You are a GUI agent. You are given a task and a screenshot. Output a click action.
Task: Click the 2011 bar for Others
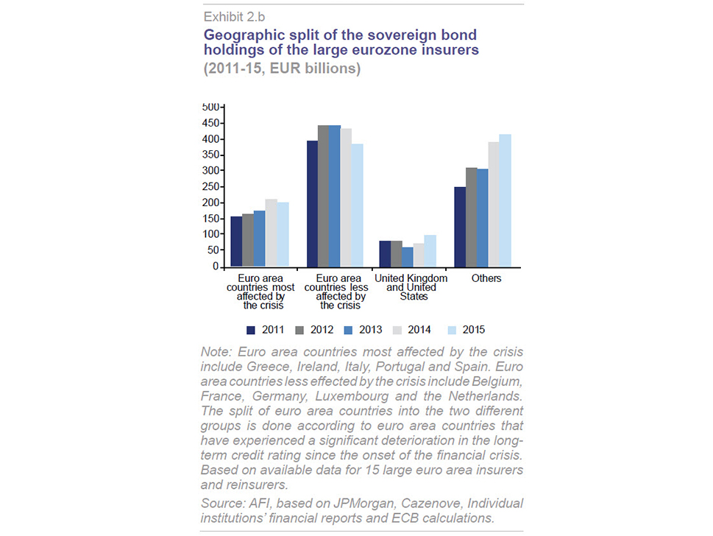tap(460, 227)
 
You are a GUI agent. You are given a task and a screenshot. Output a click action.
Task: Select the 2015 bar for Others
tap(506, 201)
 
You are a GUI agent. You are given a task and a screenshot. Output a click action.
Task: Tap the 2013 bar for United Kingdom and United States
tap(408, 257)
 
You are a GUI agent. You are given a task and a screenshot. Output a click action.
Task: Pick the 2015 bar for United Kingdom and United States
tap(430, 251)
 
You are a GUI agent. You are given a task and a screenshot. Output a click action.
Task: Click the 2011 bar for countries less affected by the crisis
tap(313, 204)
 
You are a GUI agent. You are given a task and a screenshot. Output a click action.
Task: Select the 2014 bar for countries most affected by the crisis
tap(271, 233)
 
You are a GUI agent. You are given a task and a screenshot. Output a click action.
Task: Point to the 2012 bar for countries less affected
tap(323, 196)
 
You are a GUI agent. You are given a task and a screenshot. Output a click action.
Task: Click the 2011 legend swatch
tap(251, 331)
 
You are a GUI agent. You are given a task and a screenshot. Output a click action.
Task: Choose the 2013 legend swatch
tap(348, 331)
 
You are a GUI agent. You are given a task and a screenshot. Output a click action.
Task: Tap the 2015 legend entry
tap(467, 330)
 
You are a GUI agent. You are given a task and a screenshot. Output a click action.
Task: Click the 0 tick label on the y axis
tap(216, 267)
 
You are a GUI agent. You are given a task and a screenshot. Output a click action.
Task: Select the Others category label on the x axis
tap(486, 278)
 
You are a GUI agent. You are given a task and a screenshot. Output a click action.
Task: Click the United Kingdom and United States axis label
tap(411, 287)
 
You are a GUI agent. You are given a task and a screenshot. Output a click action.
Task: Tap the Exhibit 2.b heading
tap(234, 17)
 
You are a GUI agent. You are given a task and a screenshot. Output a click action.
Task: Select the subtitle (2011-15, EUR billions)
tap(282, 68)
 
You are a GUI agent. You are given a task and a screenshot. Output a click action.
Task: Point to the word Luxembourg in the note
tap(352, 396)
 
